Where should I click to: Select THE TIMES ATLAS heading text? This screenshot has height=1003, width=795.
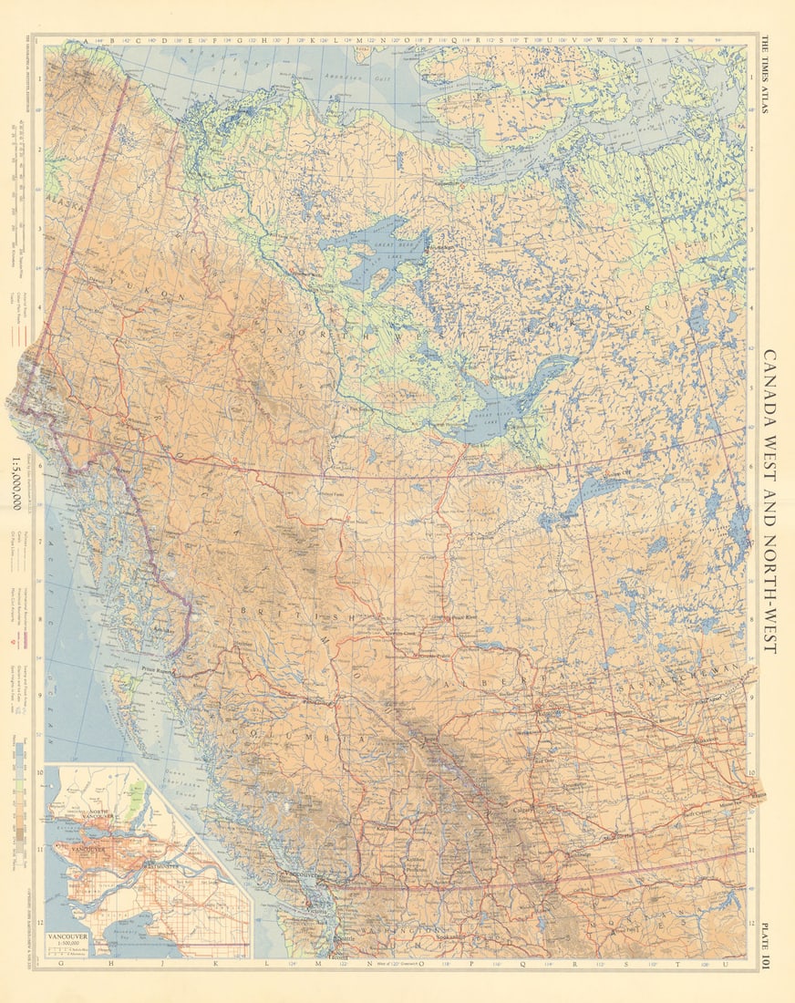765,74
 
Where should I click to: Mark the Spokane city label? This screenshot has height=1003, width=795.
450,937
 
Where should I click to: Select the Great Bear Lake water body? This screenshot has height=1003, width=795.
374,251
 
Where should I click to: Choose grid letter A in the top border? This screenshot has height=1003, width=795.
87,40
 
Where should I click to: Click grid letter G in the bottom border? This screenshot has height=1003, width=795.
60,963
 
